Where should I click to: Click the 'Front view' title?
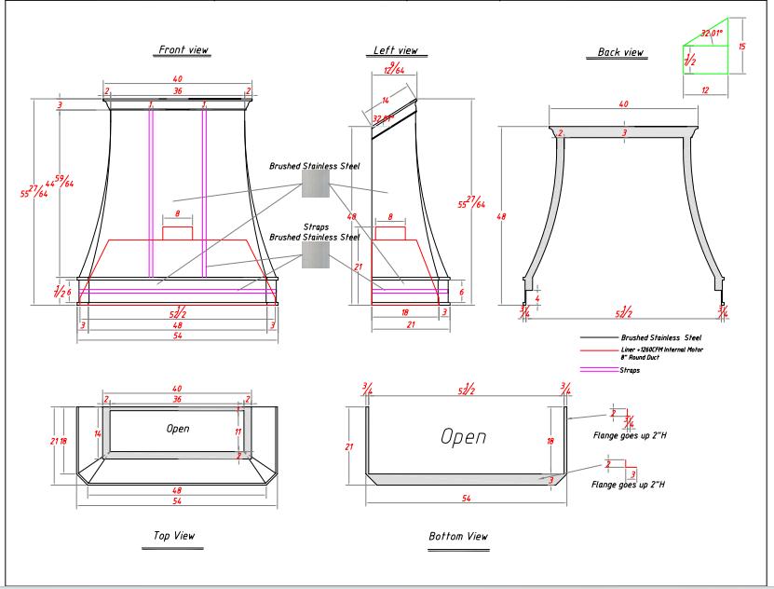[183, 50]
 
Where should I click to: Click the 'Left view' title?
[396, 50]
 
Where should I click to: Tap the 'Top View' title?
[173, 535]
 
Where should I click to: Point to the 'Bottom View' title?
[458, 536]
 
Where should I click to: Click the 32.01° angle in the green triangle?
[713, 34]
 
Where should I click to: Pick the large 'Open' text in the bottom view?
[463, 436]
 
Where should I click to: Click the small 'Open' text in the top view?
[178, 429]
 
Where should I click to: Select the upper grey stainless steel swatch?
[315, 183]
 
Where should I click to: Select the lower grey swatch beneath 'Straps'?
[315, 254]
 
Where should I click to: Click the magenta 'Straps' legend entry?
[630, 370]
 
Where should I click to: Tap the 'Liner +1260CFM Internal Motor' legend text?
[661, 349]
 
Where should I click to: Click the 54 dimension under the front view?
[178, 336]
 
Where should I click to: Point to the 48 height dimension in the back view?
[500, 216]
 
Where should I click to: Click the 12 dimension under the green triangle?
[705, 90]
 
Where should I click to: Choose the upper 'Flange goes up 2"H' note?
[629, 434]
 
